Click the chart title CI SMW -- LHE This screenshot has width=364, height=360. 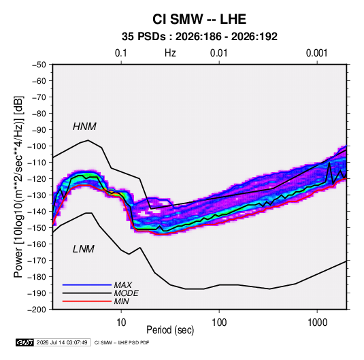point(199,19)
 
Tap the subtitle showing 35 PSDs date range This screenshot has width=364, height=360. point(199,37)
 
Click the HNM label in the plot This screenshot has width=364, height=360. point(84,127)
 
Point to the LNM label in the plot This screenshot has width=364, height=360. point(84,249)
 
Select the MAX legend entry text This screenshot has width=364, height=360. point(122,285)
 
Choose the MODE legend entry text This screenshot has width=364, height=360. point(126,293)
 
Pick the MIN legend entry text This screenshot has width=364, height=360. point(121,301)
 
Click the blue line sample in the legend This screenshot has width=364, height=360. point(87,284)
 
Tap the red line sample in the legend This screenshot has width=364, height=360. point(87,301)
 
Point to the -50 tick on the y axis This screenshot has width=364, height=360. point(39,65)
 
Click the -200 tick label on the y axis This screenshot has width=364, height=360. point(37,310)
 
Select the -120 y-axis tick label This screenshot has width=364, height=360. point(37,179)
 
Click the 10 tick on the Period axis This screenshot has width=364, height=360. point(121,323)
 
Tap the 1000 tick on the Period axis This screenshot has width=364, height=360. point(317,323)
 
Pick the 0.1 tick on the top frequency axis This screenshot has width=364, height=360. point(121,53)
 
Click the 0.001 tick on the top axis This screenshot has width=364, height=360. point(316,53)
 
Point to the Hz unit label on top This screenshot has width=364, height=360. point(170,53)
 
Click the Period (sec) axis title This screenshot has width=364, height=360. point(170,330)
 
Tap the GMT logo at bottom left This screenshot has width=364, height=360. point(24,342)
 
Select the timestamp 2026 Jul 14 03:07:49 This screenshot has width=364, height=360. point(62,342)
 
